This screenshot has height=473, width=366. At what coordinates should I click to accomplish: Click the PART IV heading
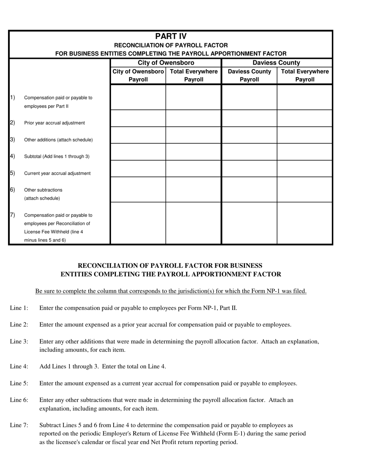[171, 36]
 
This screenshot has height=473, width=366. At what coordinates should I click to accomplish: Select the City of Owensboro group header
[166, 63]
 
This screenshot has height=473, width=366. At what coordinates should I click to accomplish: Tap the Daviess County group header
[276, 63]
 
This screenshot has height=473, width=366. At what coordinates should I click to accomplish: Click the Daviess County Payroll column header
[249, 75]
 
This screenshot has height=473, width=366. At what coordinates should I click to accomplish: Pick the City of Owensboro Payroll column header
[138, 75]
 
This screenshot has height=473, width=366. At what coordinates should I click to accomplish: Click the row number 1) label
[12, 97]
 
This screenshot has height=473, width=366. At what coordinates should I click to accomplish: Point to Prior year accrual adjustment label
[54, 123]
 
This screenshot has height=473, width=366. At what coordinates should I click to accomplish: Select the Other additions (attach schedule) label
[58, 140]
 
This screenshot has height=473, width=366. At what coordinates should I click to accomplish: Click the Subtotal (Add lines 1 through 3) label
[57, 156]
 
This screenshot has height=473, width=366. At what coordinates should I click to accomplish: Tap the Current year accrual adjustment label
[57, 173]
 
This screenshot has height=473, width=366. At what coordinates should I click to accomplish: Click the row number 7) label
[12, 215]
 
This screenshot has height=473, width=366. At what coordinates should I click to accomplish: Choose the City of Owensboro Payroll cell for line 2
[138, 118]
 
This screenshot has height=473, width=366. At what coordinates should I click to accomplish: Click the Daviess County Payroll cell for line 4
[249, 152]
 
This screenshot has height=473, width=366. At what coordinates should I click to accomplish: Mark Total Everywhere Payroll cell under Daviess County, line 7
[304, 223]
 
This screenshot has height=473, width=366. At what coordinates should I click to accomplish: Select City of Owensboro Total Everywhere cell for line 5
[193, 169]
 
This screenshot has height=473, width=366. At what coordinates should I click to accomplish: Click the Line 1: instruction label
[19, 308]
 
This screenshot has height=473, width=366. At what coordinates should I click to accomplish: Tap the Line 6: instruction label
[19, 400]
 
